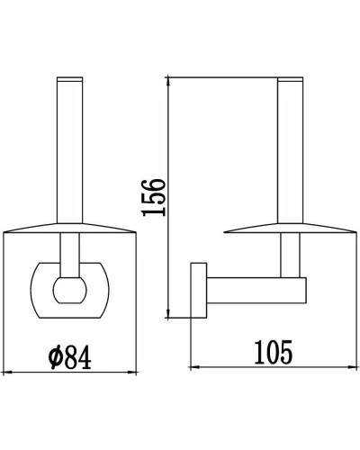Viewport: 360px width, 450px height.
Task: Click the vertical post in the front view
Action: point(69,144)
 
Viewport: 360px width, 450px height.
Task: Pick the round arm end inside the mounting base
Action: point(69,290)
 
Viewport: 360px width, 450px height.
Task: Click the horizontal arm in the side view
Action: point(256,291)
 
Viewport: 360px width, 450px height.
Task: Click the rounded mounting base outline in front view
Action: point(36,290)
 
